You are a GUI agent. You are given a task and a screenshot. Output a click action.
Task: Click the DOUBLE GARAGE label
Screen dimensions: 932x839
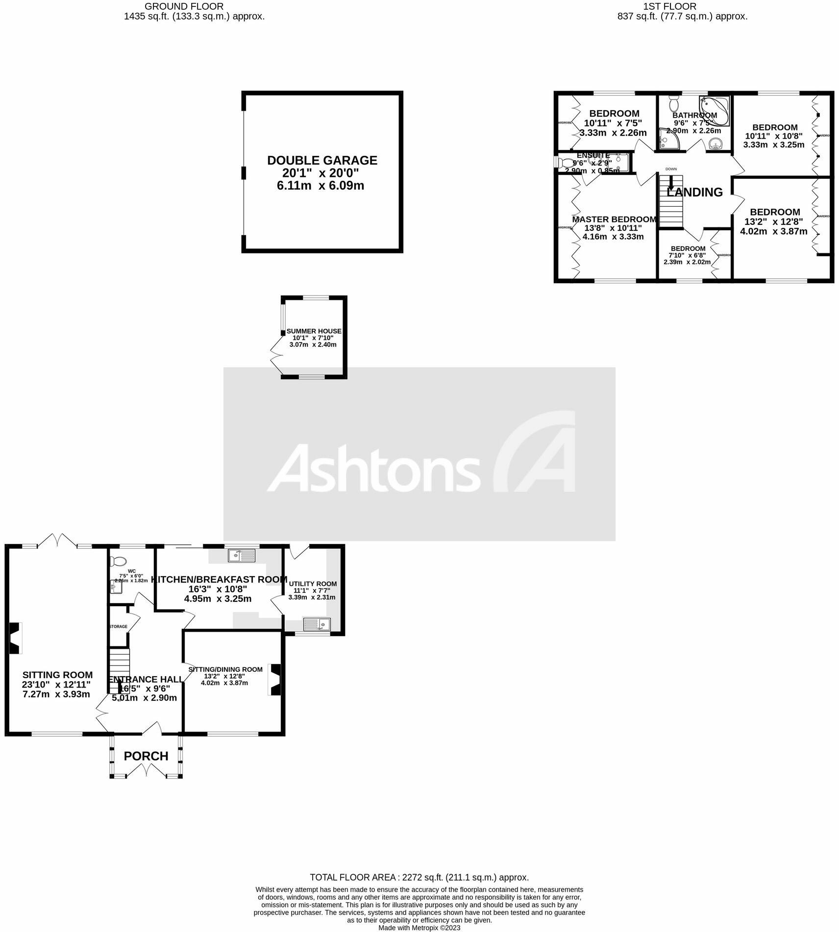322,160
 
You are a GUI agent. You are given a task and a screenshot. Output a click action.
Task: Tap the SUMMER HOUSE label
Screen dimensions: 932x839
314,331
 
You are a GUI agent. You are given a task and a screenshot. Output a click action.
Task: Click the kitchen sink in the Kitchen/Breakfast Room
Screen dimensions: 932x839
242,555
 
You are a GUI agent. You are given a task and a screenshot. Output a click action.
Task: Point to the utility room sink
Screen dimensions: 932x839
317,624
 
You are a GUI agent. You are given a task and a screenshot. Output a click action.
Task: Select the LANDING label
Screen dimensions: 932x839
695,192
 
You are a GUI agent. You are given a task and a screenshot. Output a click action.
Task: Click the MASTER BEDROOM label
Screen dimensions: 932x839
614,219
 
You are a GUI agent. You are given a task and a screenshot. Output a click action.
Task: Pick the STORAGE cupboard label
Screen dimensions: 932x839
118,626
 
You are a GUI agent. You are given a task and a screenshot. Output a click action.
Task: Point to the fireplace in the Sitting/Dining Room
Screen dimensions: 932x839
275,679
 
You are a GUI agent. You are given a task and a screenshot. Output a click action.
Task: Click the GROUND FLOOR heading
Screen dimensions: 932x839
184,6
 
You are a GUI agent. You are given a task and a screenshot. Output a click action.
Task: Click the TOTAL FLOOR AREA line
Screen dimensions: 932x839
419,877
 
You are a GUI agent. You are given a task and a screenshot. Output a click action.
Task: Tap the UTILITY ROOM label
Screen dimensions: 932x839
313,584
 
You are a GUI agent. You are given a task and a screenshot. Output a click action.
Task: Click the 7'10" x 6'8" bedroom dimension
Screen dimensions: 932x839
688,255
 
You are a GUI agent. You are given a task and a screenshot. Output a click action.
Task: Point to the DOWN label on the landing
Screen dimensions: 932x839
671,169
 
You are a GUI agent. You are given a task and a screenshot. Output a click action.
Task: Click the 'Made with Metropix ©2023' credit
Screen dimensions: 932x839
419,928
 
